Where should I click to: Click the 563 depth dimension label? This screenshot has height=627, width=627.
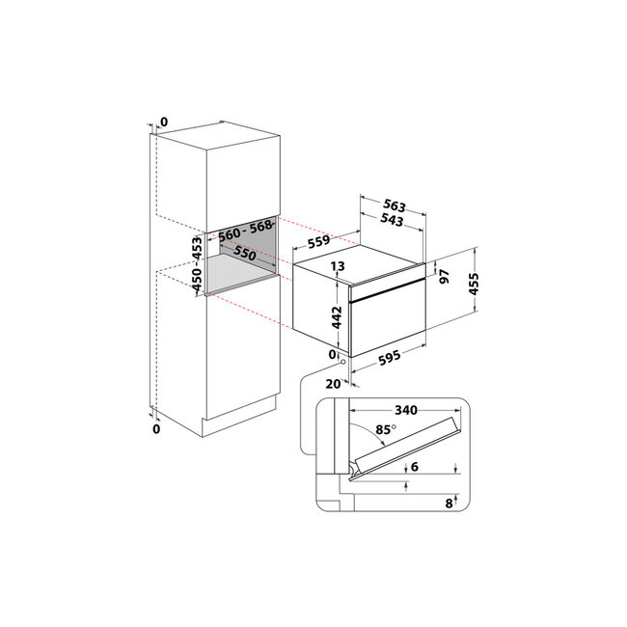click(395, 205)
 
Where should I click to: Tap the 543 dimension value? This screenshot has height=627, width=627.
click(392, 219)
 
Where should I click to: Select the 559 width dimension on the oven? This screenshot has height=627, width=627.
click(318, 241)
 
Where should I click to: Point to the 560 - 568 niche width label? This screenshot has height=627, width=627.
click(245, 231)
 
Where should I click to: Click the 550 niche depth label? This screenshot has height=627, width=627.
click(244, 253)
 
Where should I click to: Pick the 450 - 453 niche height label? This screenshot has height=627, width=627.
click(197, 264)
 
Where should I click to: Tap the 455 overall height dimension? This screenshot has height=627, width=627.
click(474, 284)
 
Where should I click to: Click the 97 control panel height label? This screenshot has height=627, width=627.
click(445, 276)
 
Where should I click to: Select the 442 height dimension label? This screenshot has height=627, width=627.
click(337, 317)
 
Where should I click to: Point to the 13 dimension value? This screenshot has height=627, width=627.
click(338, 266)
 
